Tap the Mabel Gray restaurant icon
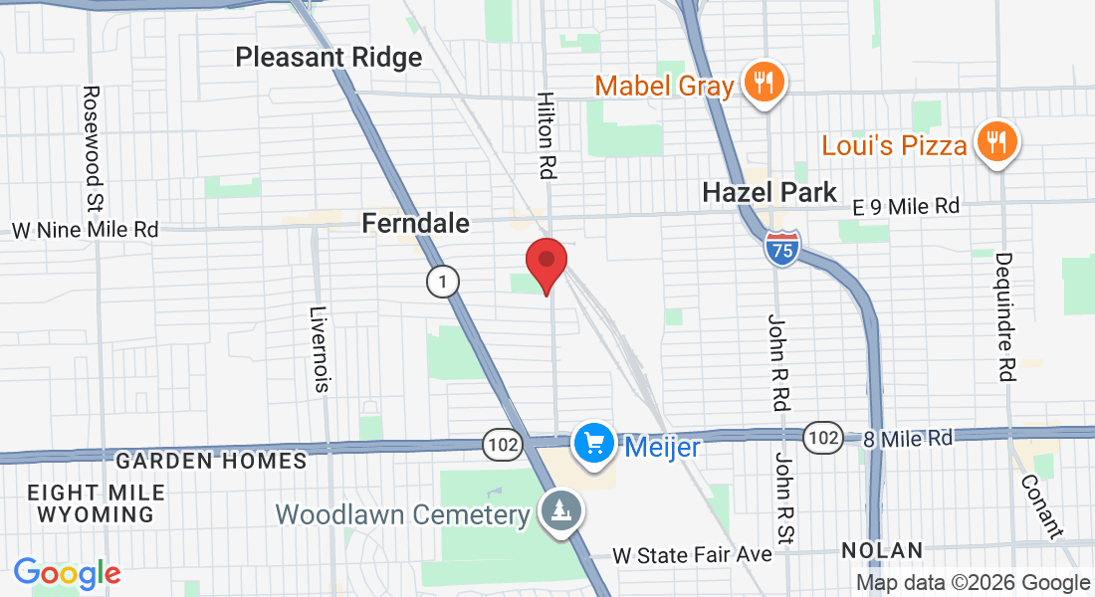click(x=765, y=83)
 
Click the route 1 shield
click(x=443, y=283)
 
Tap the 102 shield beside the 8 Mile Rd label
click(x=821, y=438)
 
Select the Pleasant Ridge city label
click(x=328, y=57)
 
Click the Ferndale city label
click(x=415, y=223)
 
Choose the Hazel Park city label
click(x=769, y=192)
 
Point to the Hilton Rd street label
click(x=546, y=135)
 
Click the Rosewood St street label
click(x=94, y=135)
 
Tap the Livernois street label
click(x=320, y=348)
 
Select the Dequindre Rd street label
click(x=1003, y=316)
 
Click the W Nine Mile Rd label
click(x=85, y=230)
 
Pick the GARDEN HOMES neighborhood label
click(x=211, y=461)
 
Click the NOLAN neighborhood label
click(x=881, y=550)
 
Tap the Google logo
click(x=67, y=573)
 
